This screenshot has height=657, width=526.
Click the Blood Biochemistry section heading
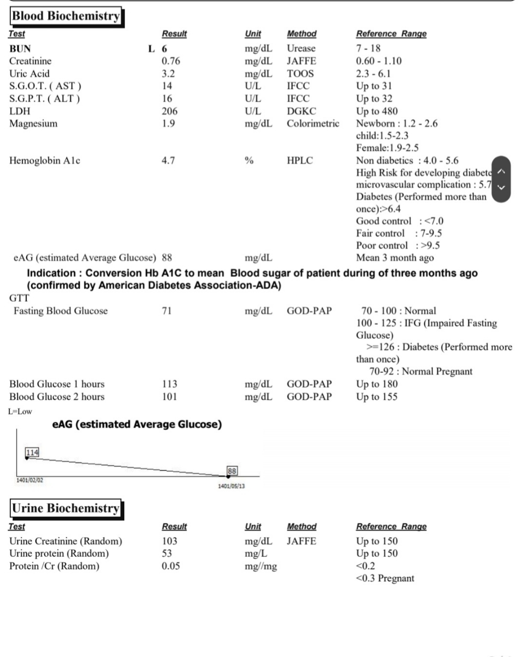pos(66,16)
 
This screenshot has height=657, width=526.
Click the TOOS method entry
pos(299,74)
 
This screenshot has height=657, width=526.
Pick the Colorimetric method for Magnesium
pos(313,123)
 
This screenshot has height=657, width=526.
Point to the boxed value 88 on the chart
pos(233,470)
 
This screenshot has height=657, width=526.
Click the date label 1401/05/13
pos(232,487)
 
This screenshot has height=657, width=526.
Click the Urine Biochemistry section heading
pos(66,508)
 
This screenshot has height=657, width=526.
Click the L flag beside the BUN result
pos(152,49)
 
